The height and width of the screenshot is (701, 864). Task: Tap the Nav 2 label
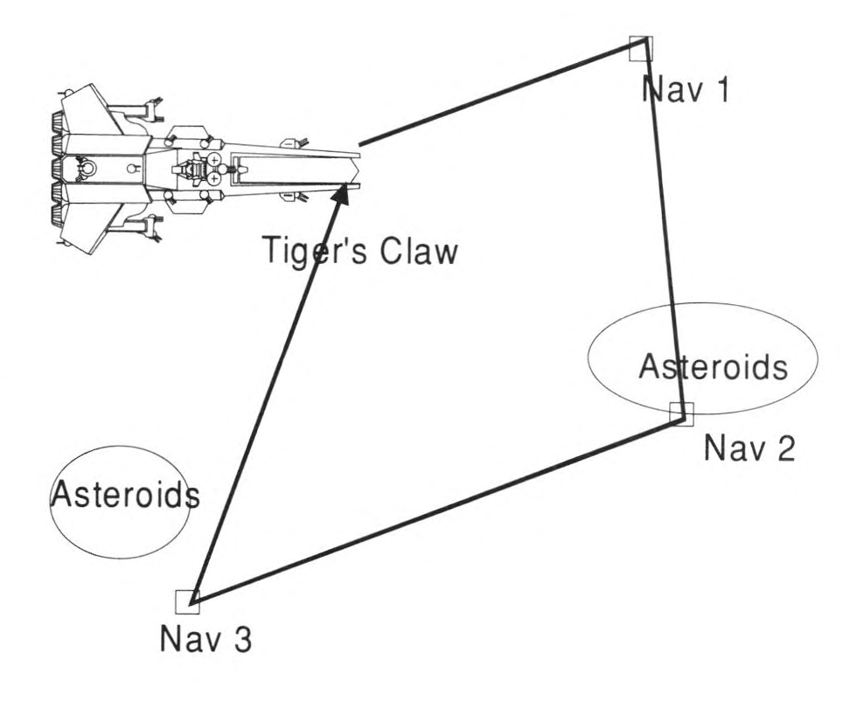click(750, 449)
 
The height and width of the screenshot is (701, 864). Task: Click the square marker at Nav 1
click(641, 48)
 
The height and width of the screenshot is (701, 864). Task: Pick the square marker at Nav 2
click(681, 413)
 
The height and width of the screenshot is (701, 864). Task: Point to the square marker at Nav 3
click(187, 601)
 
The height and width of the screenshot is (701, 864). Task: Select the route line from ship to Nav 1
click(498, 94)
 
